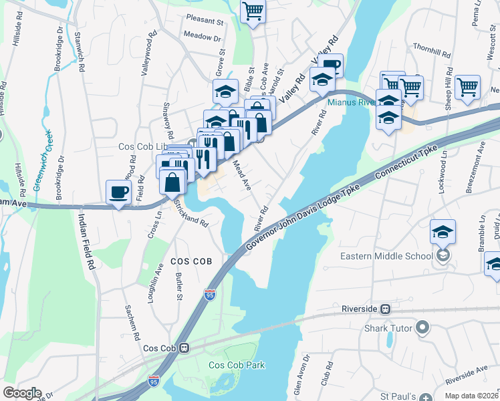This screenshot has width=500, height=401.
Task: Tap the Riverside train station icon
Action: (x=385, y=309)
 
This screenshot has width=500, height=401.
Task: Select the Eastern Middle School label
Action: (x=388, y=256)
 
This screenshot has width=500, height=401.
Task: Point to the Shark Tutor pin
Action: (x=422, y=327)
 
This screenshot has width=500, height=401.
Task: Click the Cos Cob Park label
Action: (x=237, y=365)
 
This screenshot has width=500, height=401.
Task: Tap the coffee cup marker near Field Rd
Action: (x=119, y=192)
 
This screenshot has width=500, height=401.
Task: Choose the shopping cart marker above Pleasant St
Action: (x=253, y=11)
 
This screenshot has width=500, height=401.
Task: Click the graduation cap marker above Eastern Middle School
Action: (x=443, y=233)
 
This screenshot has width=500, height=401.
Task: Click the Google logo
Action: (x=22, y=393)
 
